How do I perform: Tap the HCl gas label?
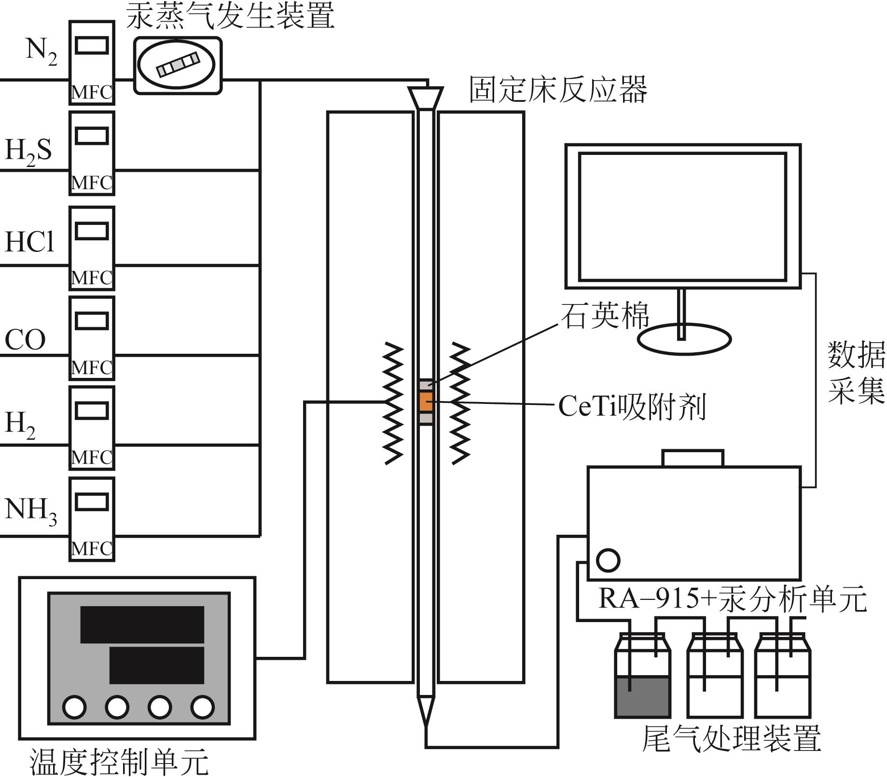click(29, 241)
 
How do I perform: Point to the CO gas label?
click(25, 339)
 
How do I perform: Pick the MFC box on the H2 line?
click(92, 428)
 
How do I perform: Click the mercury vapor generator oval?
click(176, 65)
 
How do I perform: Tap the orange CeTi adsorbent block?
click(426, 402)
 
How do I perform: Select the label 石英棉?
click(604, 316)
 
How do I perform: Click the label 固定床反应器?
click(558, 89)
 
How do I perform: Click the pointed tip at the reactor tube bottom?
click(426, 726)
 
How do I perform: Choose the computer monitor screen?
click(682, 217)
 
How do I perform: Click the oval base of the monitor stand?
click(684, 340)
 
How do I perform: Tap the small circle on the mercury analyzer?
click(608, 560)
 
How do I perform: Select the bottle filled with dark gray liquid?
click(642, 676)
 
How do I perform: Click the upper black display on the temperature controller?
click(142, 624)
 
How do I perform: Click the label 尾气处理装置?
click(731, 738)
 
